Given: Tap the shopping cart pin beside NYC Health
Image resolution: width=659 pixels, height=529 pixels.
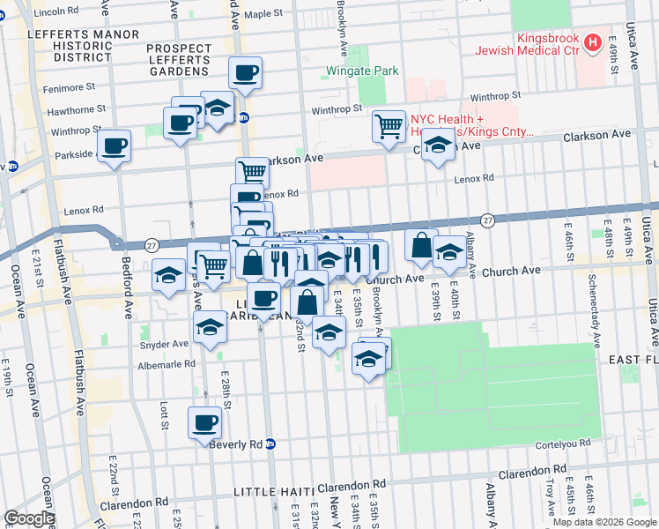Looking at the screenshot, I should click(389, 125).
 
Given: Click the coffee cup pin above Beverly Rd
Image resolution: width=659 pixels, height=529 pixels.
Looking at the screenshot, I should click(204, 421).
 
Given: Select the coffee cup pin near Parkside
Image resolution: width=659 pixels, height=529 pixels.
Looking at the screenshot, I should click(114, 145).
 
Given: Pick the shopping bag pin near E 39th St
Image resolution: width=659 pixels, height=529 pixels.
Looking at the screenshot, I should click(422, 244).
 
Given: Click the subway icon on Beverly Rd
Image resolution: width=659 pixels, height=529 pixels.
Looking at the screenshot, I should click(271, 443).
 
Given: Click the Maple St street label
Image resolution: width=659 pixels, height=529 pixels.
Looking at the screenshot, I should click(269, 14).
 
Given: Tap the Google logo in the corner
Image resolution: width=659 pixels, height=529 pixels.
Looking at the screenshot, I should click(28, 518).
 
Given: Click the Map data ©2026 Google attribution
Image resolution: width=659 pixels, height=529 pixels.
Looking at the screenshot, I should click(603, 522).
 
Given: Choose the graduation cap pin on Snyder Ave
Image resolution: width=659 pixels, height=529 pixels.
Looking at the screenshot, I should click(210, 325).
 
